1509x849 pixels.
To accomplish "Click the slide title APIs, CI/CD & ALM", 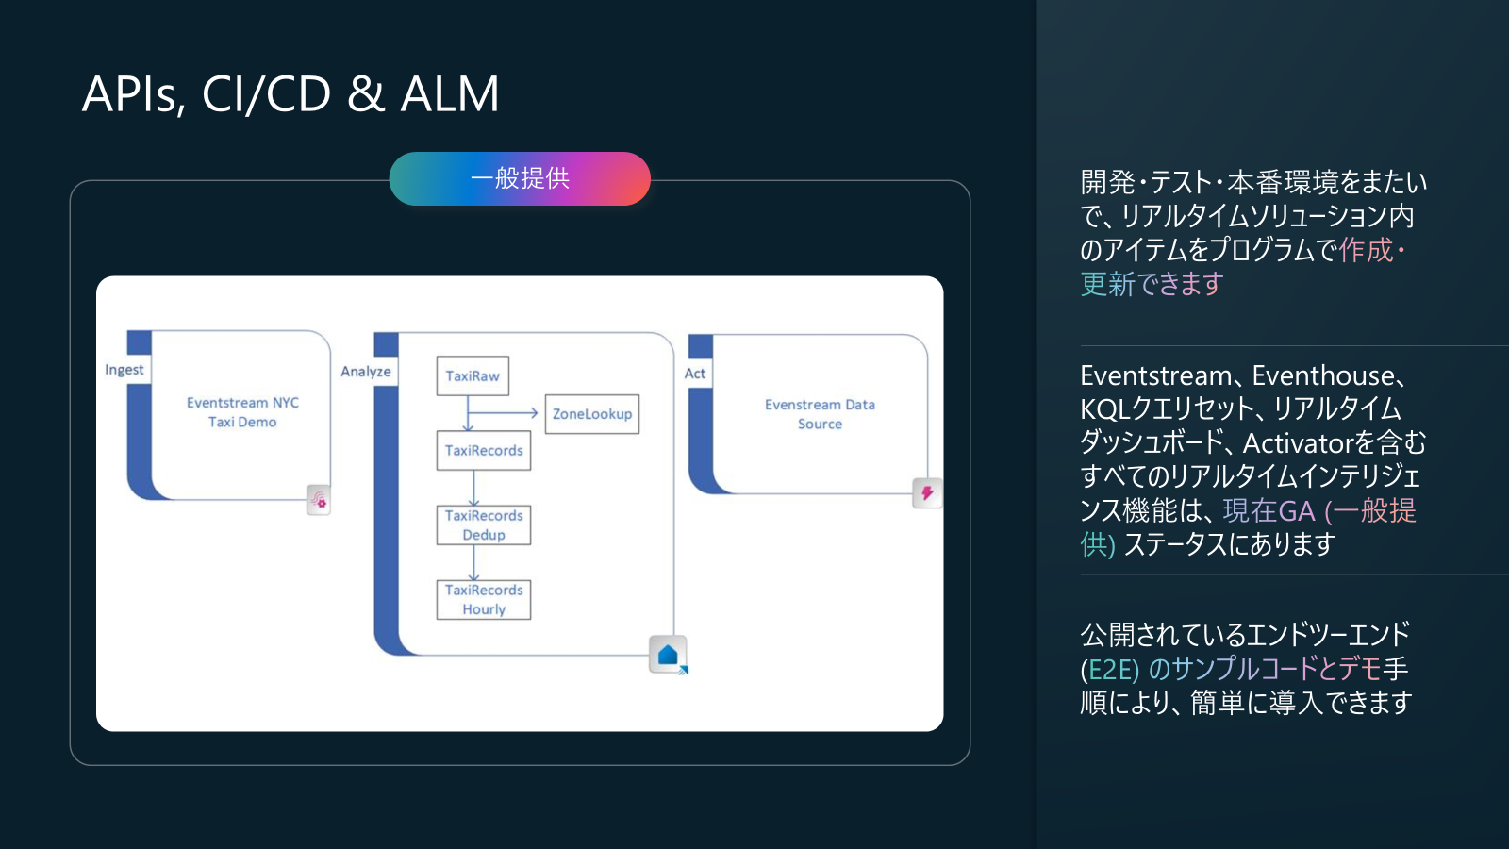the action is [290, 93].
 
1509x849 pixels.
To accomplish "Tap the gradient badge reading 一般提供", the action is [520, 178].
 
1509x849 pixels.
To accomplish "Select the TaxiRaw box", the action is [473, 376].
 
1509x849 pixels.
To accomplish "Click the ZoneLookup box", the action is [592, 414].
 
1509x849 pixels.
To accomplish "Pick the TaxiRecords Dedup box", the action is [484, 524].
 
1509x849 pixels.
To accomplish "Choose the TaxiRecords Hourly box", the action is [484, 600].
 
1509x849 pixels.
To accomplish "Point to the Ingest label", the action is [124, 370].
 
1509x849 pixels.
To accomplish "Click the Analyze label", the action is [366, 372].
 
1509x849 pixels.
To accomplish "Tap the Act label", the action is [695, 374].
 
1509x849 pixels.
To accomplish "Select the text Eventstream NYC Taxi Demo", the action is [242, 412].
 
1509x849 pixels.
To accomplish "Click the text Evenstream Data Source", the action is [820, 414].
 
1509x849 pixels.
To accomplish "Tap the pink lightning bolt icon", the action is [927, 493].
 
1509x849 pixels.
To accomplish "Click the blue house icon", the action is [668, 655].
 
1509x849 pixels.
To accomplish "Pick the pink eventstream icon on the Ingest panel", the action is [319, 500].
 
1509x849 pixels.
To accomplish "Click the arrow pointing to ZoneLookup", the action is [503, 413].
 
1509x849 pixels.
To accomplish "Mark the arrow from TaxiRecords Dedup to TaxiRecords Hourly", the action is [473, 562].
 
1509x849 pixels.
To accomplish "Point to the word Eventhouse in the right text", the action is [1322, 375].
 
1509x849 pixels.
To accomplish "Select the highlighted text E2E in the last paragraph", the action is [1111, 669].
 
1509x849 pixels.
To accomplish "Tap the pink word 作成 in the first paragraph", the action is [1366, 250].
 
